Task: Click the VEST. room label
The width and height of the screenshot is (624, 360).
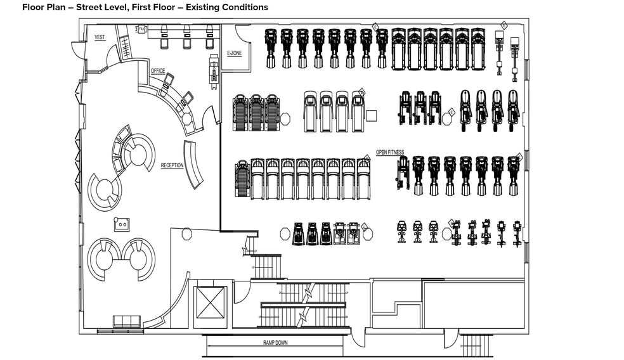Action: (100, 37)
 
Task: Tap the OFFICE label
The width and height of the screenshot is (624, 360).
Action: (158, 71)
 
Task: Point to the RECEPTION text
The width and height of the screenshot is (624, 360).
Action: (172, 165)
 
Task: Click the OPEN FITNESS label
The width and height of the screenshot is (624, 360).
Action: (390, 152)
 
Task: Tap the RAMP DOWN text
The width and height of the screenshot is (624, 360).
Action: (275, 342)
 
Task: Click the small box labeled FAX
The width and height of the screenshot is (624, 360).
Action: (141, 29)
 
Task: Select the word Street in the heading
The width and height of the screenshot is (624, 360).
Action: (90, 8)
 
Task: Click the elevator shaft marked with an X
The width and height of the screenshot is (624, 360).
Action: (211, 302)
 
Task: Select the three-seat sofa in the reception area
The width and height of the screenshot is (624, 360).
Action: (126, 321)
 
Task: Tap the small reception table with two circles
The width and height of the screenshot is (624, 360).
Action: (121, 224)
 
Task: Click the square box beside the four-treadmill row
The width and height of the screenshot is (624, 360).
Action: (372, 115)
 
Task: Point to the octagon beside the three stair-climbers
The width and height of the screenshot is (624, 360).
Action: (285, 118)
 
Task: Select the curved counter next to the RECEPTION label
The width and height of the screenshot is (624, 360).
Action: (194, 164)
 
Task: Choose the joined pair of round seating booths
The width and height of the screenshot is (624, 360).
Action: (120, 259)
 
